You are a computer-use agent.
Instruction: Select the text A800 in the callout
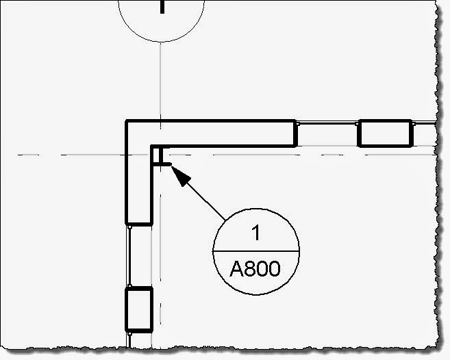tap(255, 268)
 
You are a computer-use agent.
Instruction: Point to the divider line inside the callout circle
tap(256, 251)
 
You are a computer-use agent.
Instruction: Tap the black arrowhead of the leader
tap(178, 174)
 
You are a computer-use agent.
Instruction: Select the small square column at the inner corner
tap(159, 156)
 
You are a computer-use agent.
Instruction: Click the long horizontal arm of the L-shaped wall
tap(226, 133)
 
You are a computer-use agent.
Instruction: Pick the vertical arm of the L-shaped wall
tap(138, 185)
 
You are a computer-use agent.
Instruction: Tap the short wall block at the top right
tap(384, 133)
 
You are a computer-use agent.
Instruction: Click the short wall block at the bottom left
tap(138, 309)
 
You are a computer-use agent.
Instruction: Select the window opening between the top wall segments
tap(327, 133)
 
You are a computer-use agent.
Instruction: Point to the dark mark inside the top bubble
tap(162, 6)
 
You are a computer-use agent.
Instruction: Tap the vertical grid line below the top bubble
tap(160, 82)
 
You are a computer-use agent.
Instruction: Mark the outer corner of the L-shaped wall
tap(127, 122)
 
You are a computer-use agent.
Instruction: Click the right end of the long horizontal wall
tap(295, 133)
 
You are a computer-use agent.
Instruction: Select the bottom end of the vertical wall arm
tap(138, 222)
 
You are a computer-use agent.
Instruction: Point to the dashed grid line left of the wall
tap(68, 155)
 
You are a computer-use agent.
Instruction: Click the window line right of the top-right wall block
tap(425, 133)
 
